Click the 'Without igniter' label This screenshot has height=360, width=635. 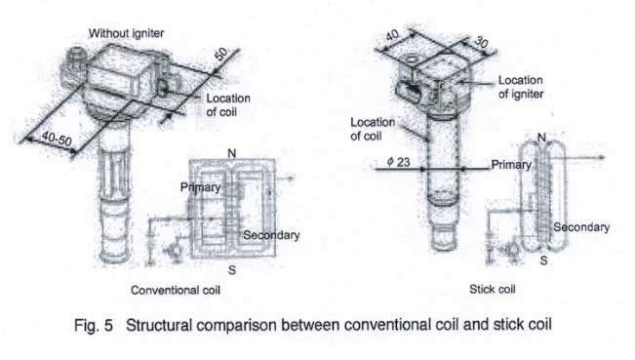(127, 34)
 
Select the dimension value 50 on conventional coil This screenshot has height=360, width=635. (221, 56)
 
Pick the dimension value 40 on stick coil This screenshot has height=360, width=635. (392, 35)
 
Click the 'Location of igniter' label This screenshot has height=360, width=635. (522, 86)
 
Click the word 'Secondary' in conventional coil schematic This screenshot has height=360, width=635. (270, 235)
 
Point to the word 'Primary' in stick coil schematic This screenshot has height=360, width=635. (511, 165)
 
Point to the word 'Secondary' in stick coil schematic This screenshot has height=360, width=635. (581, 227)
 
